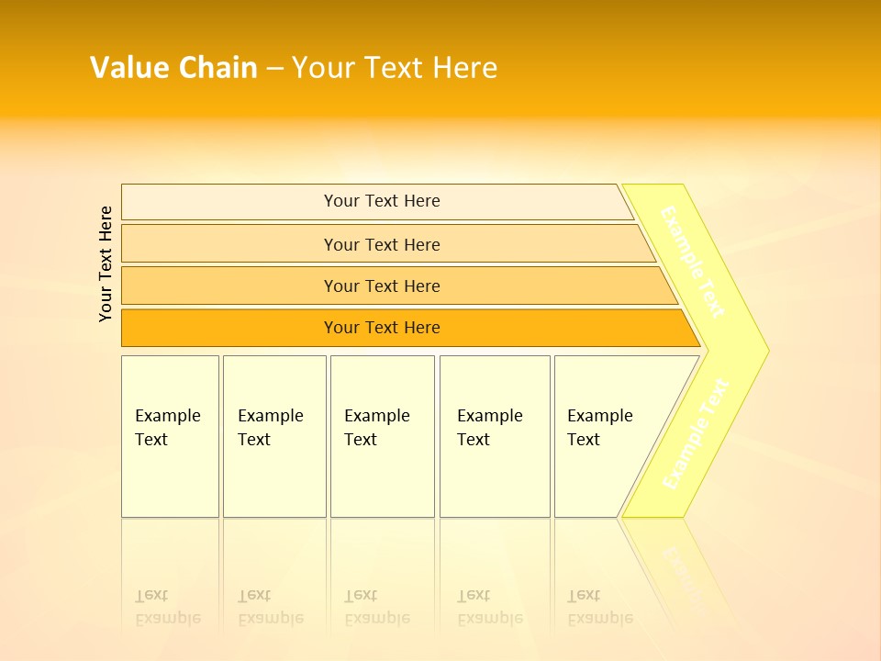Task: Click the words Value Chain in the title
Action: point(173,68)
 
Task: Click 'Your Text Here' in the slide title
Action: point(395,68)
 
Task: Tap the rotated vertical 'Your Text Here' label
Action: point(106,263)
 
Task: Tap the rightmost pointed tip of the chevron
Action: point(764,350)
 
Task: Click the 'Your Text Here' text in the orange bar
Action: point(382,328)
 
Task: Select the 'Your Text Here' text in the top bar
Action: point(382,201)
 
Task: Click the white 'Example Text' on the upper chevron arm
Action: point(692,262)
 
